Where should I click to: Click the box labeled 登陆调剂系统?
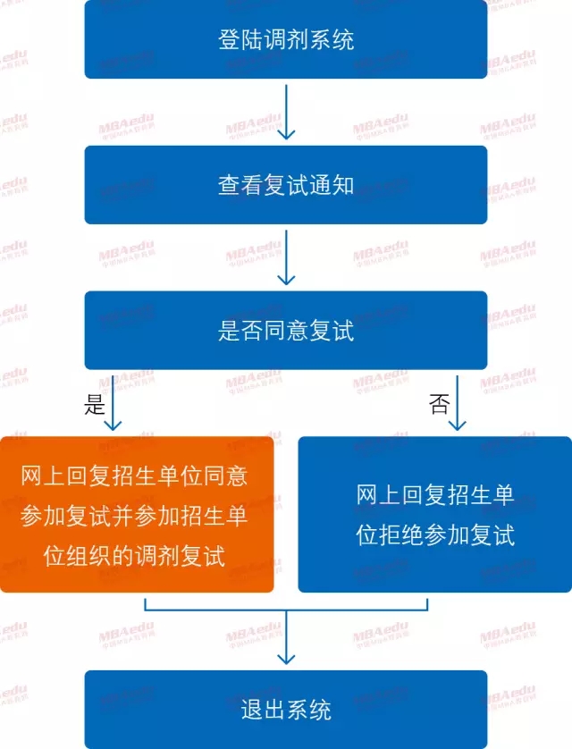tap(286, 40)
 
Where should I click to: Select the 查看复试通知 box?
tap(286, 185)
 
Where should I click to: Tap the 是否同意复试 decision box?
tap(286, 330)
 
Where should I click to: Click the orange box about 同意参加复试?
tap(136, 514)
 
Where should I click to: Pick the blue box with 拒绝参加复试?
tap(434, 514)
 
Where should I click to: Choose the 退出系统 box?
tap(286, 710)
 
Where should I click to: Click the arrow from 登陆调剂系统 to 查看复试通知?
tap(286, 112)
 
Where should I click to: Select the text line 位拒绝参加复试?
tap(435, 535)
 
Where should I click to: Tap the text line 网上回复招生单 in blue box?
tap(435, 494)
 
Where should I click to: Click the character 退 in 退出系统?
tap(251, 711)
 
